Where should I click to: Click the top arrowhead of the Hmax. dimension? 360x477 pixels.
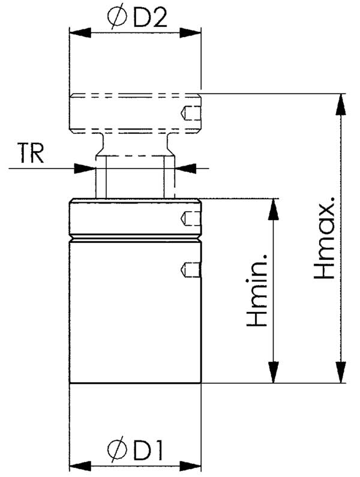tap(341, 104)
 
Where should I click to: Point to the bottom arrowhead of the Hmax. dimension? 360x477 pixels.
tap(341, 371)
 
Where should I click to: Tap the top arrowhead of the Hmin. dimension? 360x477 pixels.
tap(274, 209)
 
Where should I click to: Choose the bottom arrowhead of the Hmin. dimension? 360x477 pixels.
tap(274, 371)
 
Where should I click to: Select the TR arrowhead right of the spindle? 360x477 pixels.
tap(186, 168)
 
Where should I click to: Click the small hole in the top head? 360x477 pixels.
tap(189, 112)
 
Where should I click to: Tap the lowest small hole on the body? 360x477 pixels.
tap(189, 270)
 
